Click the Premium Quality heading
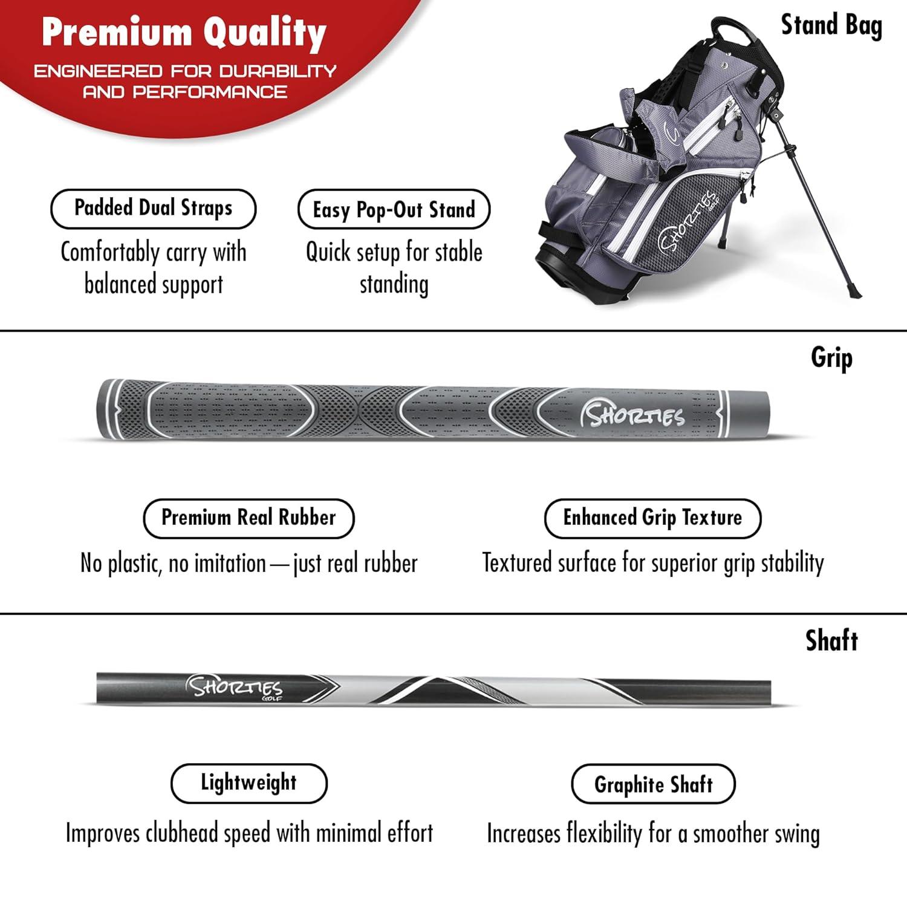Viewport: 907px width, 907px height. pos(184,34)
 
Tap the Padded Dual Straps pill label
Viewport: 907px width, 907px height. pos(154,209)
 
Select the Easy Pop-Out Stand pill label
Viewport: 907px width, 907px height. pos(394,210)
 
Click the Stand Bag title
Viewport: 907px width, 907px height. pos(831,26)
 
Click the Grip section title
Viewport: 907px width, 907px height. pos(831,358)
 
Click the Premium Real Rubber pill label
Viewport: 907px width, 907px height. pos(249,518)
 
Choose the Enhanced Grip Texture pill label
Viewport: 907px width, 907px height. pos(652,518)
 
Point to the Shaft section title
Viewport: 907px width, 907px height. pos(831,641)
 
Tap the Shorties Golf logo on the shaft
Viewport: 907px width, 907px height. pos(235,688)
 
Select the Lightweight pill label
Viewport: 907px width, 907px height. pos(249,784)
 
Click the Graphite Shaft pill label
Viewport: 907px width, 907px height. pos(653,784)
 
